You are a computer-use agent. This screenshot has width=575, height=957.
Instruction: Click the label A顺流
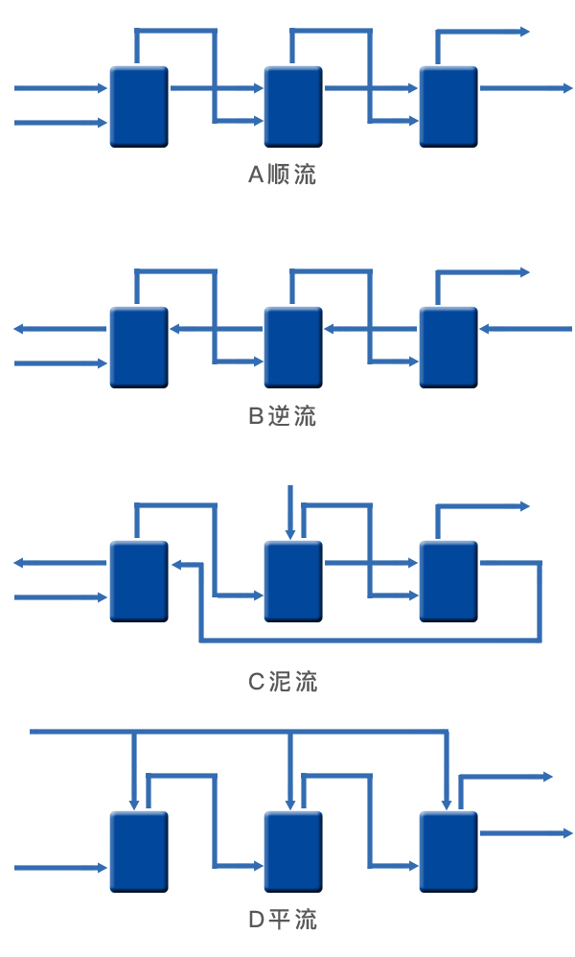[x=282, y=175]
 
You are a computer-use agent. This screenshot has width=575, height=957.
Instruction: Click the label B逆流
[x=282, y=416]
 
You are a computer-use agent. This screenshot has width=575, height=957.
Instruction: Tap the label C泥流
[x=282, y=682]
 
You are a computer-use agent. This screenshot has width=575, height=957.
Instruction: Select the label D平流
[x=282, y=921]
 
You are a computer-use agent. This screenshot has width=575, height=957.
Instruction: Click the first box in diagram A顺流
[x=139, y=106]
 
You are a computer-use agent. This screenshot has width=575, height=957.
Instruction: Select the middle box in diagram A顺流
[x=294, y=106]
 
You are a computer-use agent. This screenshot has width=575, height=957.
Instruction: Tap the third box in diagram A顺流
[x=448, y=106]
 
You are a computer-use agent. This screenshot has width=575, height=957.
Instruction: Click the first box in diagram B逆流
[x=139, y=347]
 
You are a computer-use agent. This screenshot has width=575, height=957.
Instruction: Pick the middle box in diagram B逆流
[x=294, y=347]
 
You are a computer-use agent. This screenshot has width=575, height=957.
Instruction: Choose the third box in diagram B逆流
[x=448, y=347]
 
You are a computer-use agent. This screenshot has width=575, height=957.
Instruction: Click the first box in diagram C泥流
[x=139, y=581]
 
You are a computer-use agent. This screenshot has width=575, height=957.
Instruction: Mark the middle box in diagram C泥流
[x=294, y=581]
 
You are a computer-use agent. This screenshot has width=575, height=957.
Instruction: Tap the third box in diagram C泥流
[x=448, y=581]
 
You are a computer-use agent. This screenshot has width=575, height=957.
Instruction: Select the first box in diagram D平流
[x=139, y=852]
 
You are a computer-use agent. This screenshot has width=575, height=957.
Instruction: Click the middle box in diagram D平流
[x=294, y=852]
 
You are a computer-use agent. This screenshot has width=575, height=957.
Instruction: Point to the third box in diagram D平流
[x=448, y=852]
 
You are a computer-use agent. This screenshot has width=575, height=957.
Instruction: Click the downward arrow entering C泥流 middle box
[x=289, y=513]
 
